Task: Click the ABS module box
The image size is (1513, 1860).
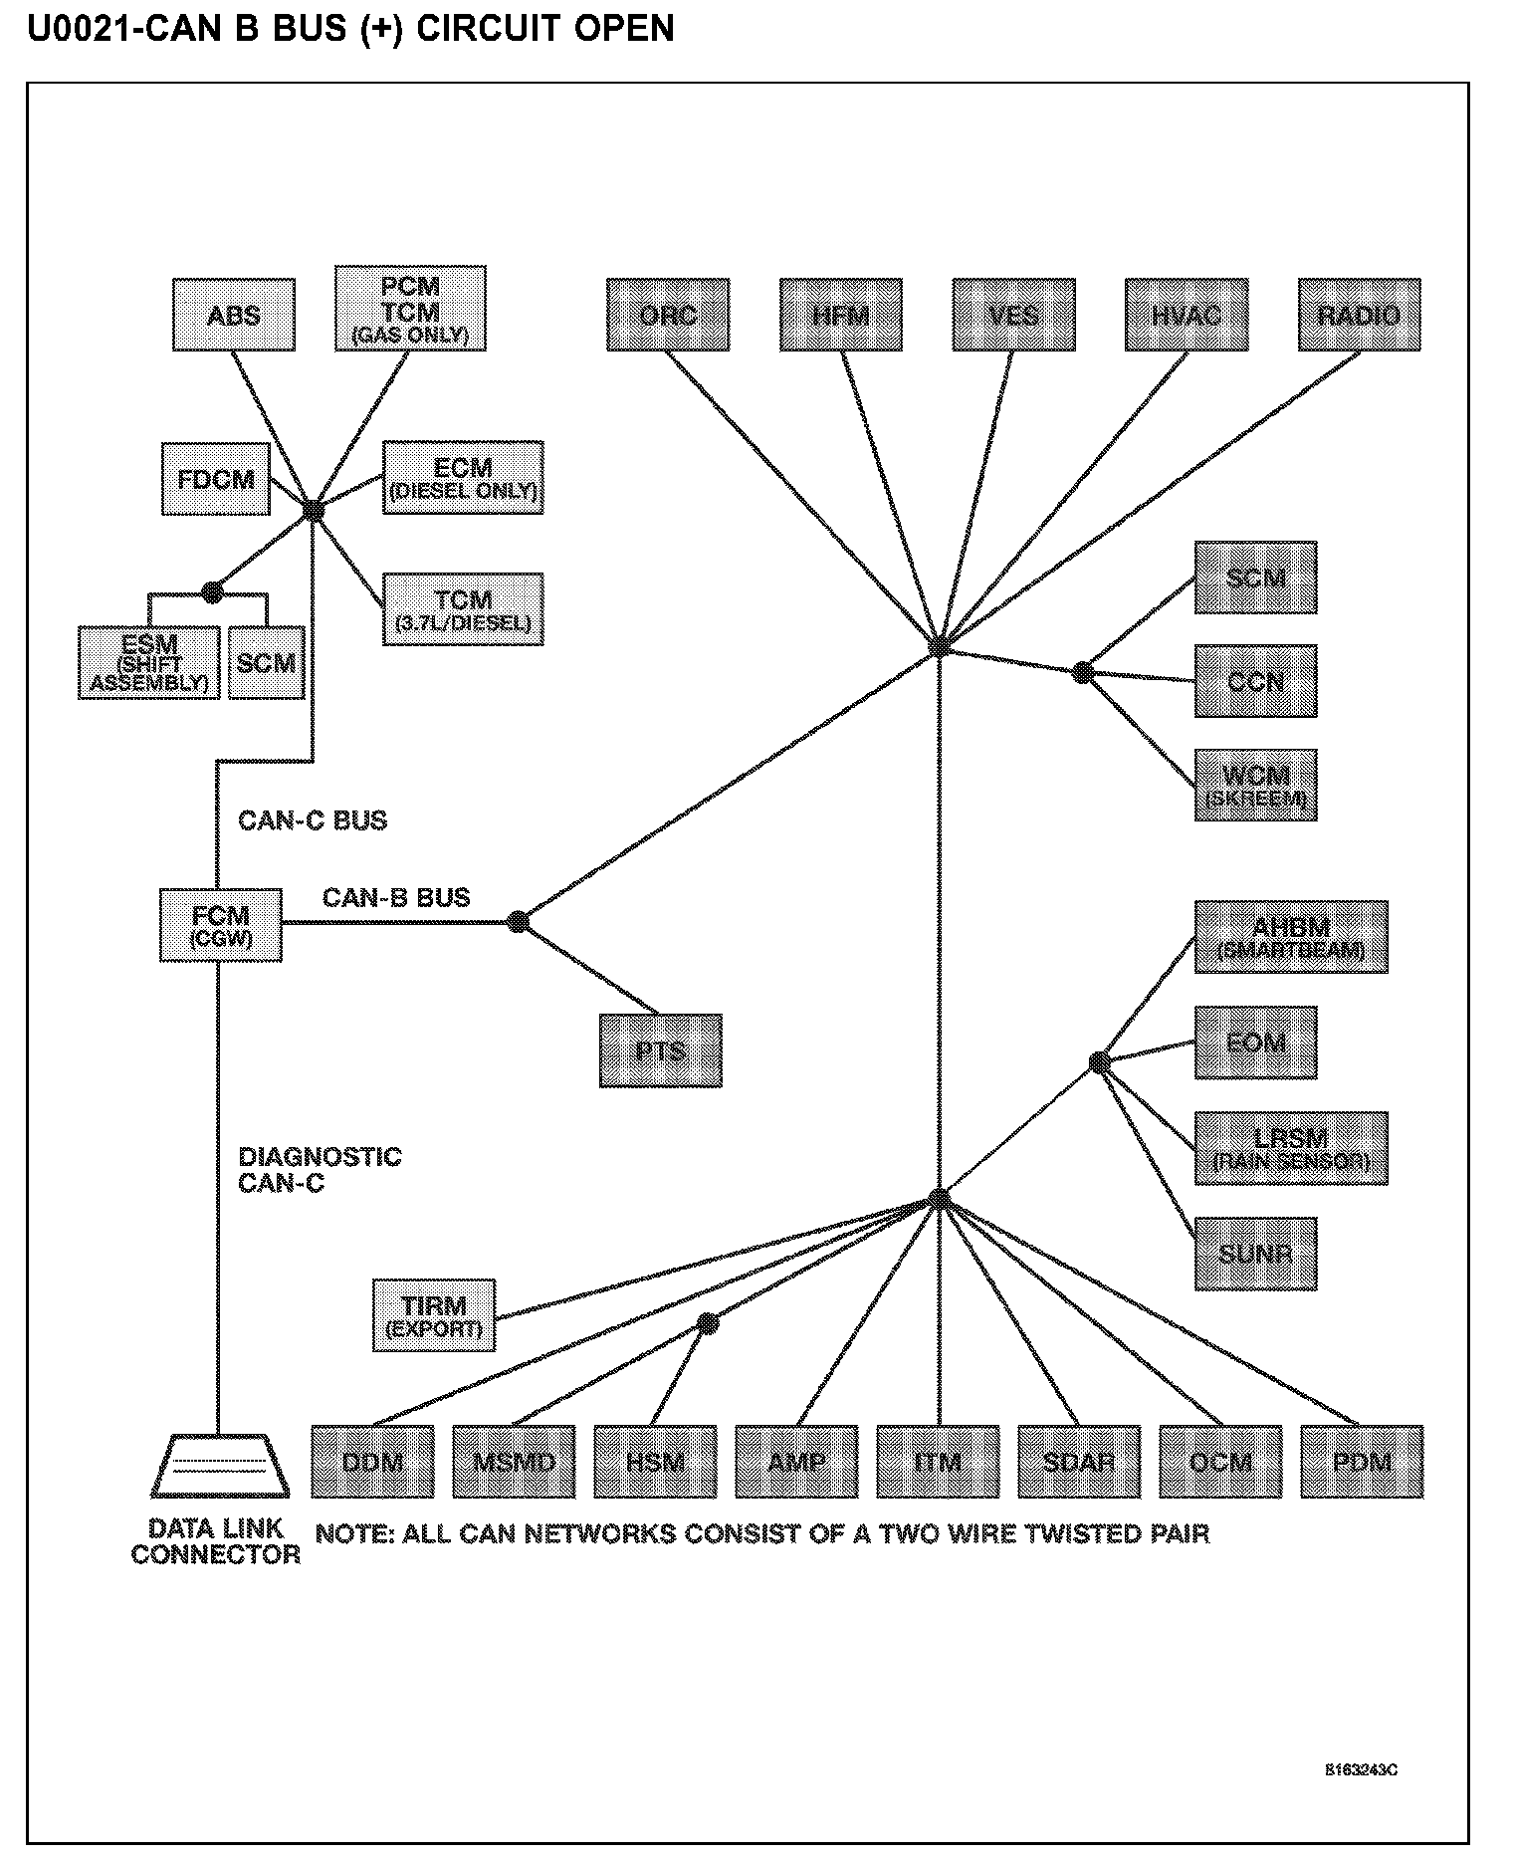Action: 233,315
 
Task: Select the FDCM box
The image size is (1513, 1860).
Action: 216,479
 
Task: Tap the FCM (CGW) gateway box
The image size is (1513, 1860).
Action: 221,925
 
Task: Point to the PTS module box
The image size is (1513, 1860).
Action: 660,1050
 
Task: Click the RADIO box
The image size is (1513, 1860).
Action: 1359,315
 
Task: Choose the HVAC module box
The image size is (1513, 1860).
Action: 1186,315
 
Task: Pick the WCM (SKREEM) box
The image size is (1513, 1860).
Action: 1255,785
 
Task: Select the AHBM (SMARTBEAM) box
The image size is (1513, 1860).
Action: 1290,937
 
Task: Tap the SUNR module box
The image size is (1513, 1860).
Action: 1255,1254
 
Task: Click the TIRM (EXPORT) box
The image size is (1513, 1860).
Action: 434,1315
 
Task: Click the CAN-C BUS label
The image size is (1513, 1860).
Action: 313,820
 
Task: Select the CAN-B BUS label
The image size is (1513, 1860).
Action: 396,897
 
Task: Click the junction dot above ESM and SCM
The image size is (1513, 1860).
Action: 212,592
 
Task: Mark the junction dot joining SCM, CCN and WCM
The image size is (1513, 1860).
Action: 1083,672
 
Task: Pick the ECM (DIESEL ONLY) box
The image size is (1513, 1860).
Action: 463,478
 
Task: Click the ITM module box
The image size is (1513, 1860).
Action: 938,1462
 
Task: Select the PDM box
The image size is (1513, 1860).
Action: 1362,1462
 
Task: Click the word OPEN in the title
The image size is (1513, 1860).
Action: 624,28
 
